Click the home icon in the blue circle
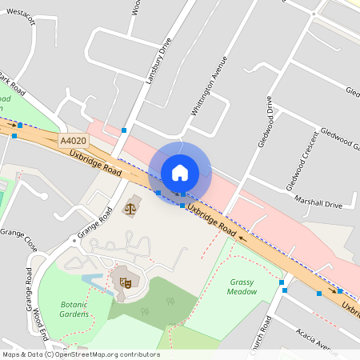point(180,172)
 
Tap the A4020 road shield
point(73,141)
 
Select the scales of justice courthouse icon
point(129,208)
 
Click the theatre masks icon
point(124,281)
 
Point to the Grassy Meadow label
point(243,286)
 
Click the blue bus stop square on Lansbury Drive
point(124,130)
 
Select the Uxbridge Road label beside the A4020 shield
point(95,162)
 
